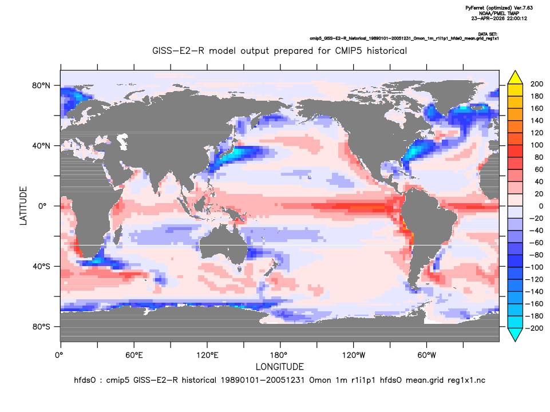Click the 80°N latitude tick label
click(x=41, y=86)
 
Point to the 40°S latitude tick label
click(x=41, y=267)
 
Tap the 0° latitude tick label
click(x=42, y=206)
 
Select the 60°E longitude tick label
click(x=134, y=355)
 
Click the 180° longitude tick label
click(x=280, y=355)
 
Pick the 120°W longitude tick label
click(x=354, y=355)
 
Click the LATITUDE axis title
click(x=23, y=206)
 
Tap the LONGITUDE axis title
click(x=279, y=367)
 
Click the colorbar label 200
click(x=537, y=84)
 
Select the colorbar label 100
click(x=537, y=145)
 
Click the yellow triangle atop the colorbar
click(x=515, y=78)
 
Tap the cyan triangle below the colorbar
click(x=515, y=334)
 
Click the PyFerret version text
click(x=499, y=7)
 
